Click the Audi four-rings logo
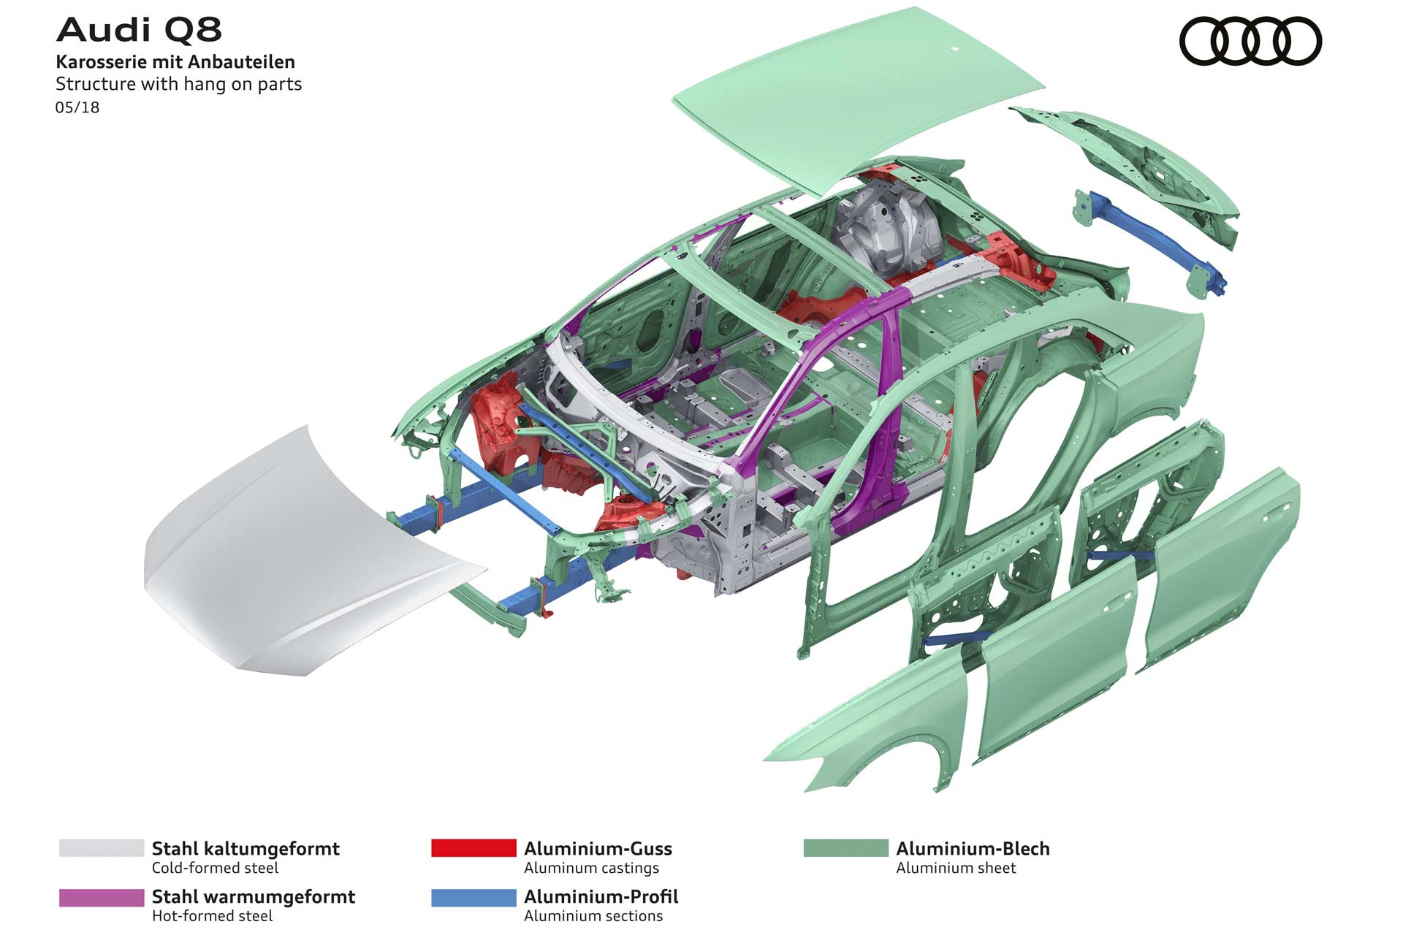click(x=1250, y=42)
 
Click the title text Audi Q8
click(x=139, y=30)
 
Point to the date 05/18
click(x=77, y=107)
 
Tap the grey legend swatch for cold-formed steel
click(x=102, y=848)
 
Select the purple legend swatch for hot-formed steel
click(x=102, y=898)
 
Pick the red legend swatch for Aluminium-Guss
click(x=474, y=848)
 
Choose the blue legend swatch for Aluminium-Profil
click(x=474, y=898)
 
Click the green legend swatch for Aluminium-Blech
click(x=845, y=848)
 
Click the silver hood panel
click(x=292, y=555)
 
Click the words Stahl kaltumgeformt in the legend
click(x=246, y=849)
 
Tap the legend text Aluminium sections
click(x=593, y=916)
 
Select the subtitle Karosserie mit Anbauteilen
click(x=175, y=62)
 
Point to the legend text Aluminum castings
click(x=591, y=868)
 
